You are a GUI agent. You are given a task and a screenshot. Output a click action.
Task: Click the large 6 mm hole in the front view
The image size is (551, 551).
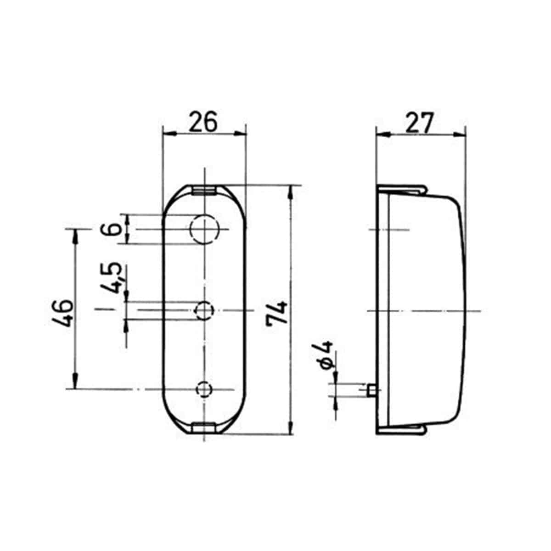coord(204,229)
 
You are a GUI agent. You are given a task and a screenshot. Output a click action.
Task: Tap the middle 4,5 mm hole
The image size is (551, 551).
coord(204,310)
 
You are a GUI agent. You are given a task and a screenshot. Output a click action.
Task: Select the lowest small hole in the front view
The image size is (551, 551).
coord(204,389)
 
